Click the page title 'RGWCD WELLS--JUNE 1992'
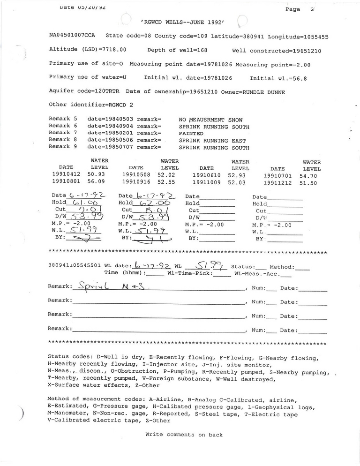pyautogui.click(x=180, y=23)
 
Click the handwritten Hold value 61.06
pyautogui.click(x=85, y=203)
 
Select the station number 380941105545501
pyautogui.click(x=75, y=265)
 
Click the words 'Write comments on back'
pyautogui.click(x=184, y=435)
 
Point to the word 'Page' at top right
pyautogui.click(x=292, y=9)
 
